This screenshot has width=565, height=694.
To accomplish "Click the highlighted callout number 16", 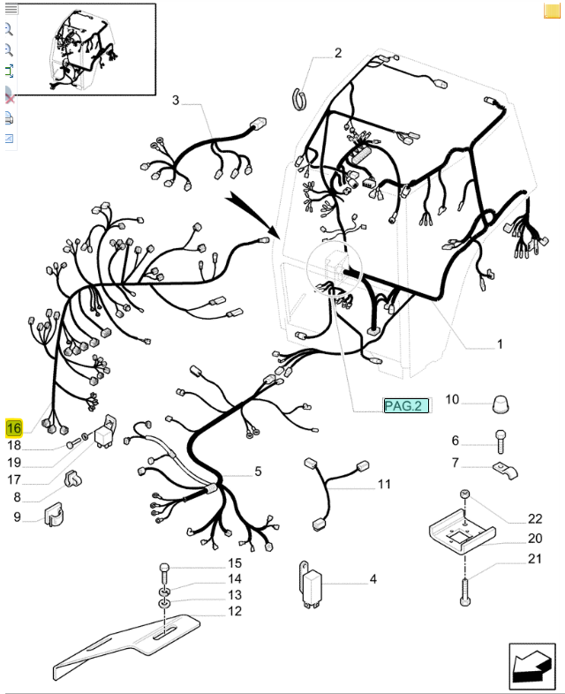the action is pos(14,428).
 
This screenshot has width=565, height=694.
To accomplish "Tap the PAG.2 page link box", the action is pos(406,405).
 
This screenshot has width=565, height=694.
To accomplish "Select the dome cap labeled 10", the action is pos(500,404).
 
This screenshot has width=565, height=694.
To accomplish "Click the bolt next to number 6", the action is pos(501,441).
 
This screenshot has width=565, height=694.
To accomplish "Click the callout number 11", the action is pos(384,484).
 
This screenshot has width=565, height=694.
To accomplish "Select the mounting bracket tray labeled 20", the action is pos(462,531).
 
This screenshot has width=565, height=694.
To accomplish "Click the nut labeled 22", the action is pos(464,494).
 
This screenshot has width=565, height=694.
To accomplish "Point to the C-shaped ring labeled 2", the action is pos(300,99).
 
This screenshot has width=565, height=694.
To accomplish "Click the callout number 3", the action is pos(176,100).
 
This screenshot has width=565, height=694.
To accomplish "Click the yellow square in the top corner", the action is pos(552,11).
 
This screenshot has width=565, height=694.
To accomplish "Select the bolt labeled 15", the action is pos(164,575).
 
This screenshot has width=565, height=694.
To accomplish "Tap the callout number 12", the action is pos(235,611).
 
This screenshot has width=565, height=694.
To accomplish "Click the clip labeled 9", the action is pos(54,514).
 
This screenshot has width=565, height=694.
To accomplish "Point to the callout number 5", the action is pos(258,471).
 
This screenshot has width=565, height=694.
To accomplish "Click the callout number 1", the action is pos(500,343).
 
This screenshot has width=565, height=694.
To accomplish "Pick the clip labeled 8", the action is pos(73,479).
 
